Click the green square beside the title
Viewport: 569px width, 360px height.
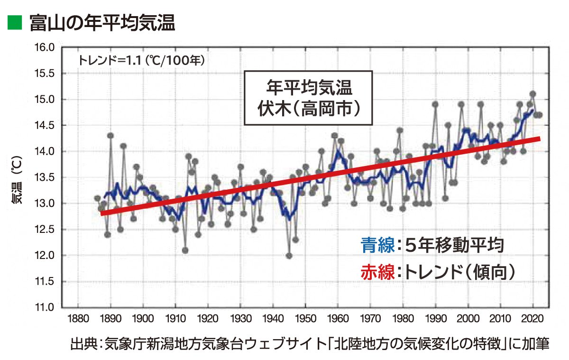click(x=15, y=22)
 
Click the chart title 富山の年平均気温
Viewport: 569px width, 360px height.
click(x=102, y=22)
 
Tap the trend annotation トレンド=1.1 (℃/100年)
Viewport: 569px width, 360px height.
click(x=141, y=60)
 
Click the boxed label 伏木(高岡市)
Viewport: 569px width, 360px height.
click(x=308, y=108)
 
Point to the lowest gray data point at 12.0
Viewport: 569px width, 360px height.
click(x=289, y=256)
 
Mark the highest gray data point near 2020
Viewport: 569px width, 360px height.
click(x=532, y=94)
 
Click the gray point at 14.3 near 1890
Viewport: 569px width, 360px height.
click(x=110, y=136)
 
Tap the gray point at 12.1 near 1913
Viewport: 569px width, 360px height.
click(x=185, y=250)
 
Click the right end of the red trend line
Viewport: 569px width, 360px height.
click(x=539, y=138)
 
